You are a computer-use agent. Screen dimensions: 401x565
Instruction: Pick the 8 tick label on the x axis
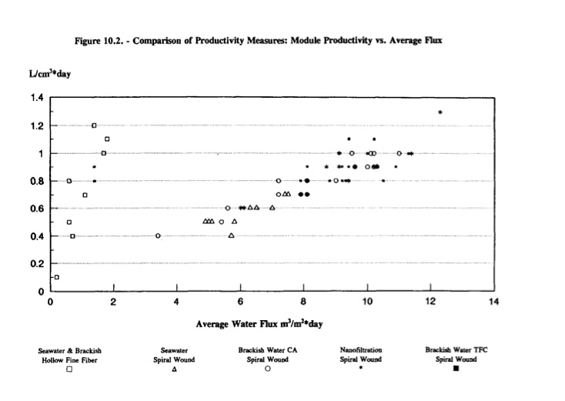(x=304, y=301)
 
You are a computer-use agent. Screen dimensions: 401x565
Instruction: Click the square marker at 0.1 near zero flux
(x=56, y=277)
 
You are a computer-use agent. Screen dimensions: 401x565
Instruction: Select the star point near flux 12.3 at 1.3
(x=440, y=112)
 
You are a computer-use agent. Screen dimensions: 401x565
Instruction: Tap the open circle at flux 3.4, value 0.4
(x=158, y=236)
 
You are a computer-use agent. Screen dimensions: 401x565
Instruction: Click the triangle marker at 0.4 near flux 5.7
(x=231, y=236)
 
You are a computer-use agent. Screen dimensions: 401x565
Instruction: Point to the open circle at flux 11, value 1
(x=399, y=153)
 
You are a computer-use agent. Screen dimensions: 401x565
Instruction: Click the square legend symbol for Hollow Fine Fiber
(x=69, y=369)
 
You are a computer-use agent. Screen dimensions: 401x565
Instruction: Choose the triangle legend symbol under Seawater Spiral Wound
(x=175, y=369)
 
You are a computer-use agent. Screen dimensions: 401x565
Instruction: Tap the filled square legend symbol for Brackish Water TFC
(x=456, y=369)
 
